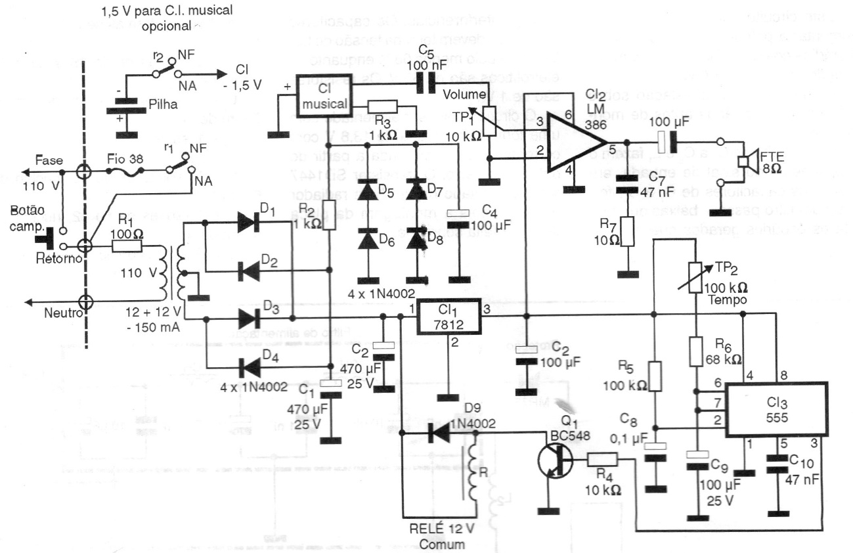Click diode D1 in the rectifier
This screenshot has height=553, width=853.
click(x=249, y=222)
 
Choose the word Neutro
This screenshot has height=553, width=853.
click(x=62, y=313)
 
